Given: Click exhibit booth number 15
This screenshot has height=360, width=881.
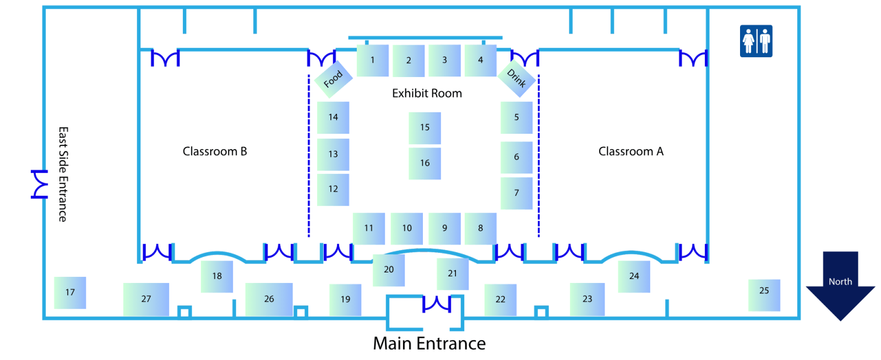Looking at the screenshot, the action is [x=425, y=128].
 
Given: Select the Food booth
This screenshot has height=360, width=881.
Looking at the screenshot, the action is [x=333, y=79].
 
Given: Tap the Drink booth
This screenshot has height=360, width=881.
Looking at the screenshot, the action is [x=516, y=79].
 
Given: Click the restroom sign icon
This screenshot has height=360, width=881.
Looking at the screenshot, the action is [x=756, y=41].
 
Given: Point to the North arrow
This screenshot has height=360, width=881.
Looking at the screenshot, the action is [x=840, y=286].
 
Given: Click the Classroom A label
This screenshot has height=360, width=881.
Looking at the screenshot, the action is [x=631, y=151].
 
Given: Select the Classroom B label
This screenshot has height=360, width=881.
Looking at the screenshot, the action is [x=215, y=151].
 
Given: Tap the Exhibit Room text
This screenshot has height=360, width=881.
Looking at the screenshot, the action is [x=427, y=94].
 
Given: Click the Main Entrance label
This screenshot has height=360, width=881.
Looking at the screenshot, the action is [x=429, y=343].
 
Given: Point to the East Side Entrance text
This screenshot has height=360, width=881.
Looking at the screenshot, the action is [x=63, y=174].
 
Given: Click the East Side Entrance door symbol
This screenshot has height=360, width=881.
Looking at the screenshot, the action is [x=39, y=184].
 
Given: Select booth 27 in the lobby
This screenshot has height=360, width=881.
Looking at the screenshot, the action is [x=146, y=299].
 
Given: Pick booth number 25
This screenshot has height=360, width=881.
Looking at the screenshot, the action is [x=764, y=295].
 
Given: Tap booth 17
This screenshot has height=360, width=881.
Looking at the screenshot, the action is [x=70, y=293].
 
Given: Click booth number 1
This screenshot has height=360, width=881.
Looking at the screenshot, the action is [x=372, y=61].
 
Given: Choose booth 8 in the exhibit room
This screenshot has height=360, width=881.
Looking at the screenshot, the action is [x=481, y=229].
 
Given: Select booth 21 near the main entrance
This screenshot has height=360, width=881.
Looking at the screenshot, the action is [x=453, y=274].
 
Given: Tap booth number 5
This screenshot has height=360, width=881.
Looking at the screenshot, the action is [x=516, y=117].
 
